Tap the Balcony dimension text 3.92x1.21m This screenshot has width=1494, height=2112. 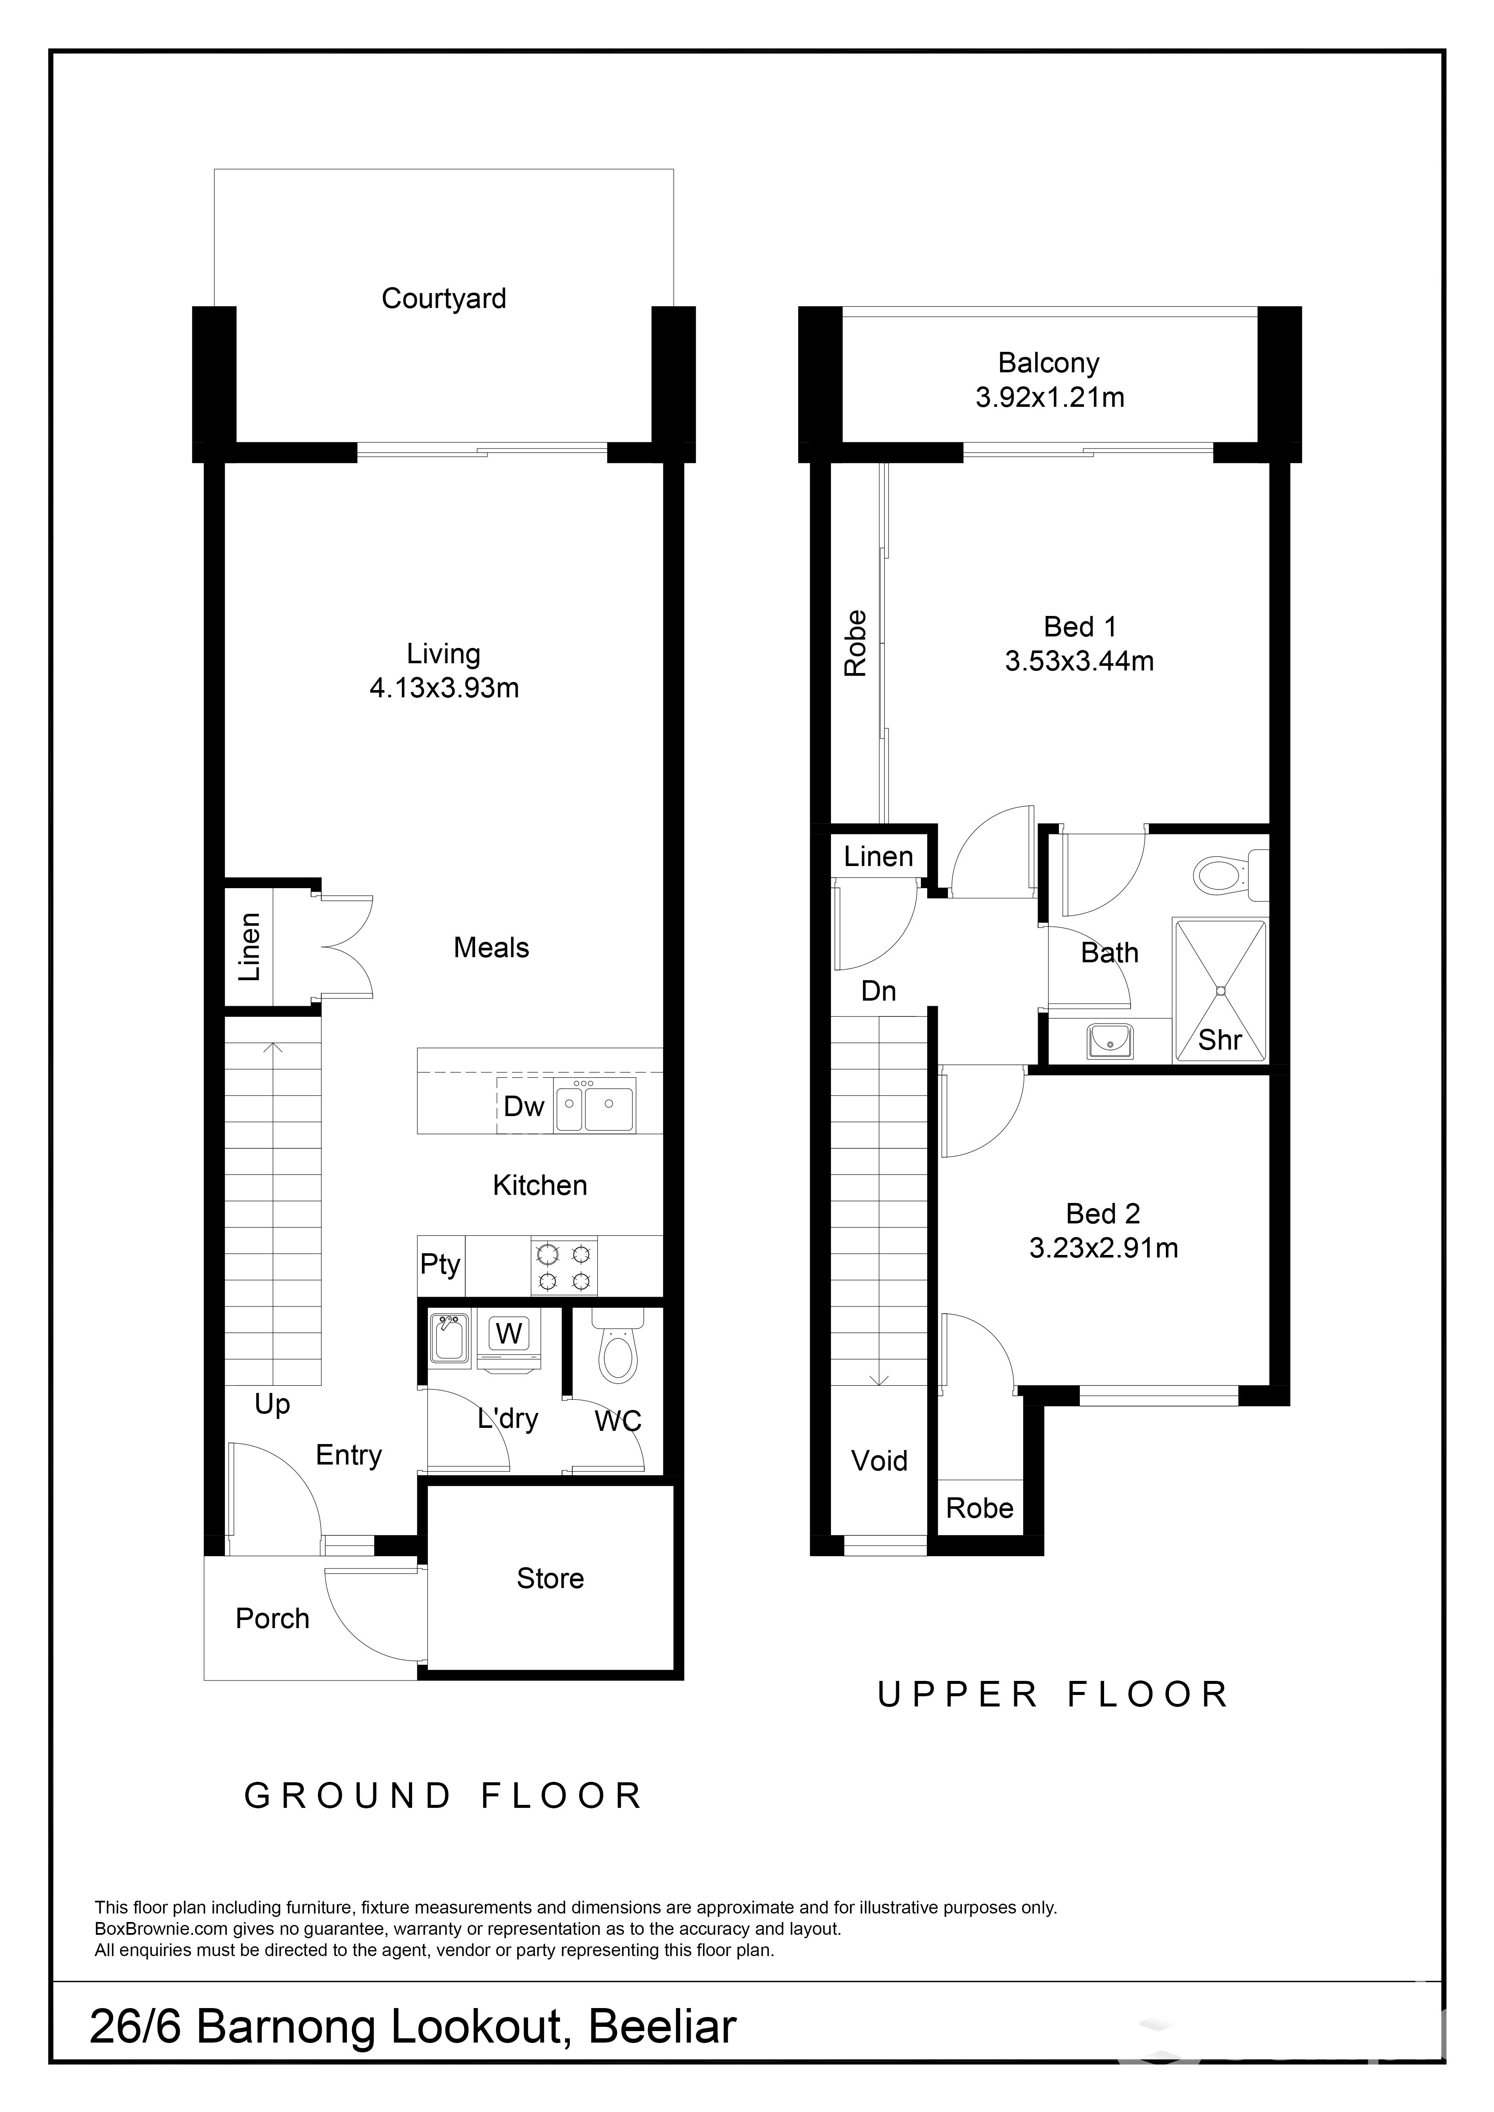pos(1050,397)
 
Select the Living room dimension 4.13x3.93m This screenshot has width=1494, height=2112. pos(444,688)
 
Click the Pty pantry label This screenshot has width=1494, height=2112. pos(440,1265)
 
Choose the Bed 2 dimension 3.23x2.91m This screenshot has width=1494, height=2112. pos(1103,1248)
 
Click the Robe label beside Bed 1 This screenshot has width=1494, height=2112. pos(856,644)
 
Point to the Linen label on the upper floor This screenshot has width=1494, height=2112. pos(879,856)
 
